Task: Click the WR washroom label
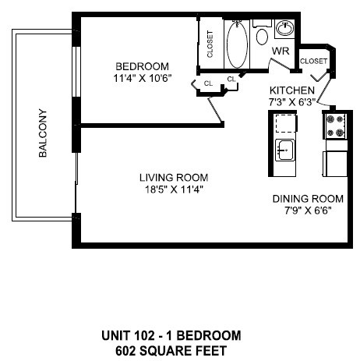[280, 52]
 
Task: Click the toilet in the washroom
[262, 35]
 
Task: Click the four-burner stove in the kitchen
[336, 126]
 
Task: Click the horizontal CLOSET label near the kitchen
[313, 60]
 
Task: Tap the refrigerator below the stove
[336, 161]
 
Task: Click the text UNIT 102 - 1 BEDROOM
[171, 335]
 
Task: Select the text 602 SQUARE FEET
[171, 349]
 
